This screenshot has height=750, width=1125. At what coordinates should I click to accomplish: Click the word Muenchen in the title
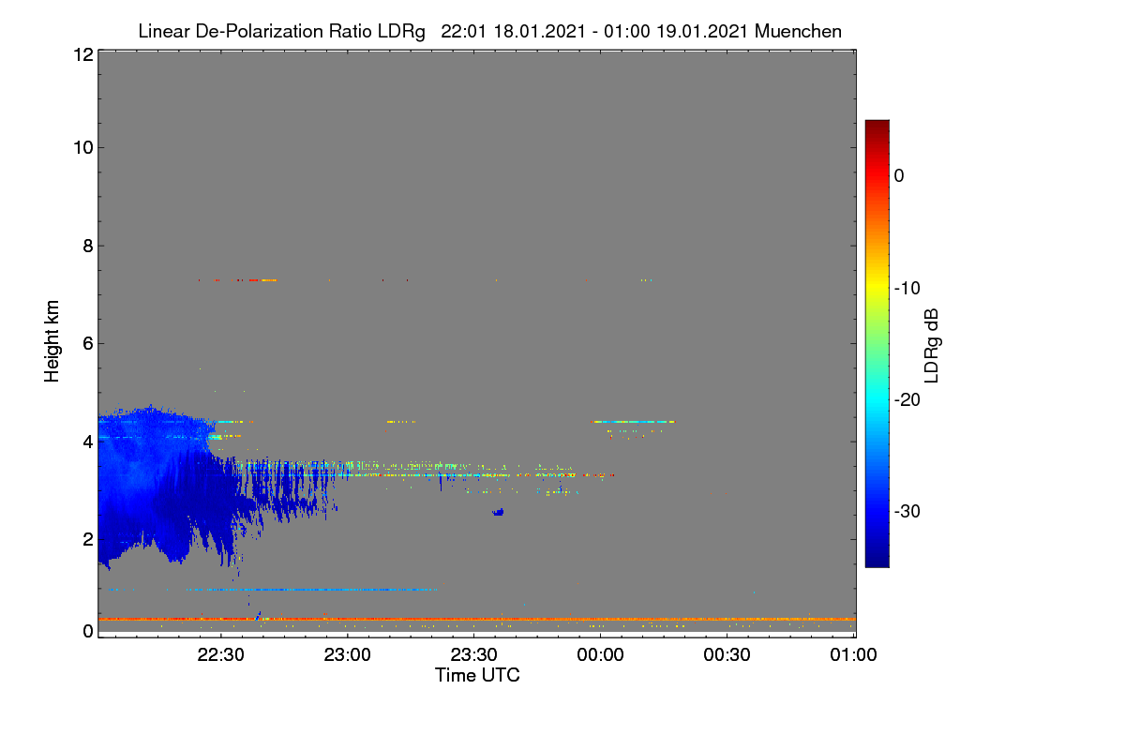(x=798, y=31)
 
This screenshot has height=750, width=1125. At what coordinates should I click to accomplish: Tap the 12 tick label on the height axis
(x=83, y=54)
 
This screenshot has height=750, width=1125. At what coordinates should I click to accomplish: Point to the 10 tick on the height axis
(x=83, y=148)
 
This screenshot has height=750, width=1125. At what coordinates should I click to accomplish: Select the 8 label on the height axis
(x=88, y=246)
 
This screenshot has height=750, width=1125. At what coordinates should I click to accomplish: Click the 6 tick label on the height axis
(x=88, y=344)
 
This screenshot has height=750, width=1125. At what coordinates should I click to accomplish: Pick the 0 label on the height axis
(x=88, y=631)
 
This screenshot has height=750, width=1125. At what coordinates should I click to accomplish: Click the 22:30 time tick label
(x=220, y=654)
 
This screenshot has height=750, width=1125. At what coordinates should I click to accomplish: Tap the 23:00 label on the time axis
(x=347, y=654)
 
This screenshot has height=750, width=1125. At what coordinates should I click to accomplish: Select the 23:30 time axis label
(x=473, y=654)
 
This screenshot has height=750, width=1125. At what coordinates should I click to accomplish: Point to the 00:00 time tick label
(x=600, y=654)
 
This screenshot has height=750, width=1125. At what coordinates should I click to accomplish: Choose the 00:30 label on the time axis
(x=727, y=654)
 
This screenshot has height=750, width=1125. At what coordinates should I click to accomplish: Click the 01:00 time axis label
(x=853, y=654)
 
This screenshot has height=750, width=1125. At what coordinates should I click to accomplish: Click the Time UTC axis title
(x=477, y=675)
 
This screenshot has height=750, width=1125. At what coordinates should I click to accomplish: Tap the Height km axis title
(x=52, y=341)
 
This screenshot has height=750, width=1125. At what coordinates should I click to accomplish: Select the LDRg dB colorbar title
(x=932, y=346)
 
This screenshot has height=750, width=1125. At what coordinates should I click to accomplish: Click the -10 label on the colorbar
(x=907, y=289)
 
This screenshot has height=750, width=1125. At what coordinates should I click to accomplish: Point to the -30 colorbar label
(x=907, y=511)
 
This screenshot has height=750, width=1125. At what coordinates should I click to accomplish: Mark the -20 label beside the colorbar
(x=907, y=400)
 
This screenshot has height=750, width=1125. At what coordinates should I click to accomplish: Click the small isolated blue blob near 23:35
(x=498, y=513)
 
